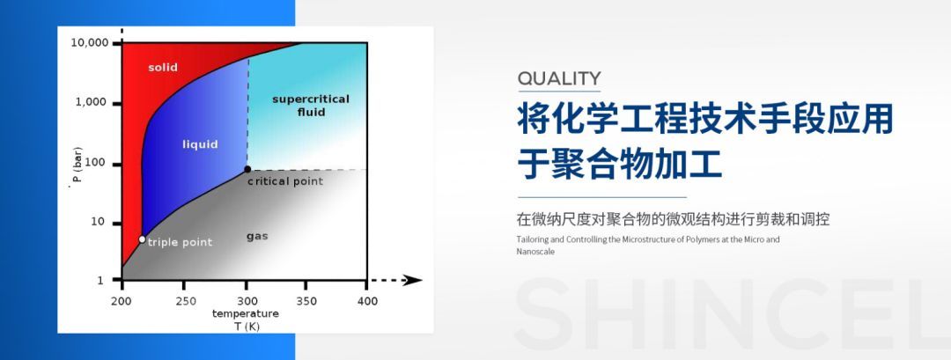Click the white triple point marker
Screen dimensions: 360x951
click(142, 239)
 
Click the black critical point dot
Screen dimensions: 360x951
click(247, 169)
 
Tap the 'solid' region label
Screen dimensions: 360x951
click(163, 67)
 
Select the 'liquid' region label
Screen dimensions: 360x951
click(200, 143)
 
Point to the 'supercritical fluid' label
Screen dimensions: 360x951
click(311, 105)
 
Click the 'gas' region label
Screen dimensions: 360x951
click(257, 236)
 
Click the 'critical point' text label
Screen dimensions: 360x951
click(284, 181)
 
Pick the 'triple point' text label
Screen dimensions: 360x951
click(180, 242)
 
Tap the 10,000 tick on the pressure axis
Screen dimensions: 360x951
click(89, 42)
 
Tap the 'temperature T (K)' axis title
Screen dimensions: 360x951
click(245, 319)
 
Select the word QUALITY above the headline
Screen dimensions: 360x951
click(559, 77)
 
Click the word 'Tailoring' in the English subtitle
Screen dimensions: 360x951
click(533, 239)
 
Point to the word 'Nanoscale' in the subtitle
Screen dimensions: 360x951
click(534, 252)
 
